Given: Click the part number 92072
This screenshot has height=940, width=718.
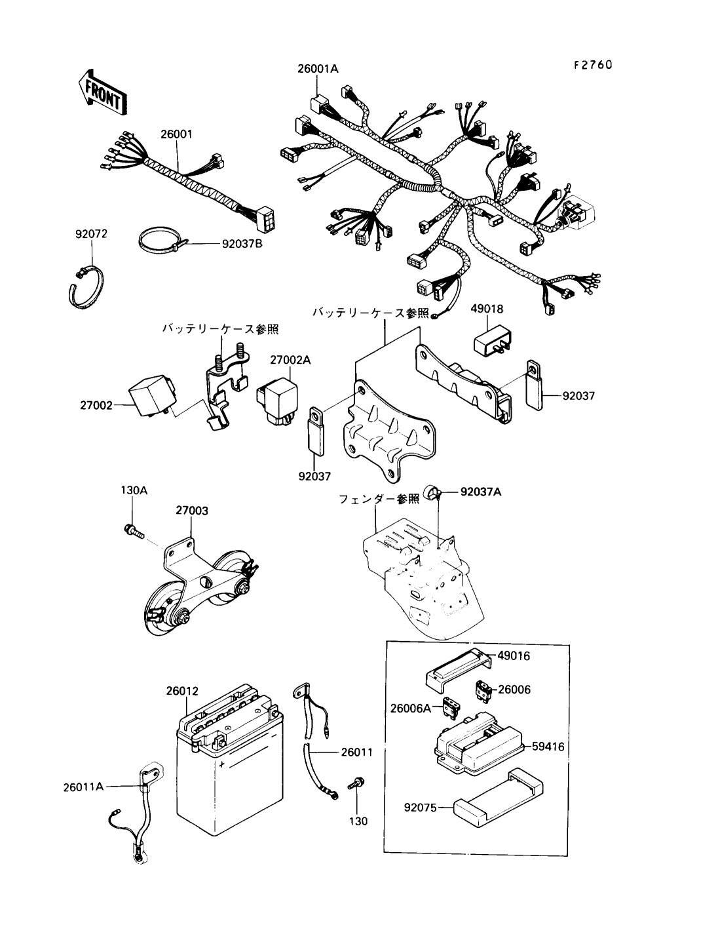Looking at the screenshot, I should click(x=90, y=233).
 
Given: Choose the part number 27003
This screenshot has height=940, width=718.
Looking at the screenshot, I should click(x=191, y=510).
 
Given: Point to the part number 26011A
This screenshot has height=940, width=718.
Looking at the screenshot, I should click(x=83, y=785).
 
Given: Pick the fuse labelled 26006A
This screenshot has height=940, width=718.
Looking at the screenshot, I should click(x=451, y=709).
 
